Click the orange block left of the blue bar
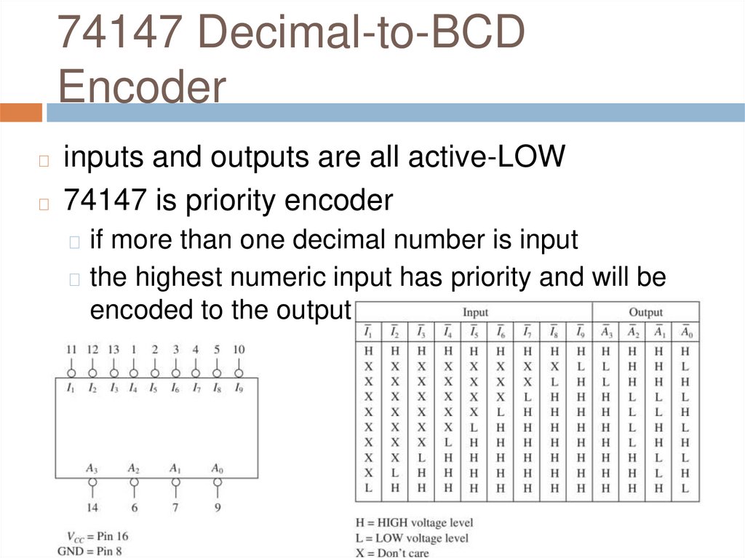pyautogui.click(x=21, y=113)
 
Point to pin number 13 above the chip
pyautogui.click(x=113, y=350)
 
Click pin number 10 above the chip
pyautogui.click(x=239, y=350)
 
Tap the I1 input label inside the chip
pyautogui.click(x=71, y=388)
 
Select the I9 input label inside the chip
pyautogui.click(x=239, y=388)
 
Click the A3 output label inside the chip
pyautogui.click(x=92, y=467)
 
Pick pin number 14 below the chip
pyautogui.click(x=92, y=506)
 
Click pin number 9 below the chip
pyautogui.click(x=218, y=506)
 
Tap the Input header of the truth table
pyautogui.click(x=475, y=312)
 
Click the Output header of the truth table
pyautogui.click(x=646, y=312)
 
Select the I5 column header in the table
pyautogui.click(x=474, y=332)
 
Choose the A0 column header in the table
pyautogui.click(x=685, y=332)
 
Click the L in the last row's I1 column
pyautogui.click(x=369, y=487)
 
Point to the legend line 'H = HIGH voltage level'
pyautogui.click(x=414, y=522)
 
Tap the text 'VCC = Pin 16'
pyautogui.click(x=92, y=537)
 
